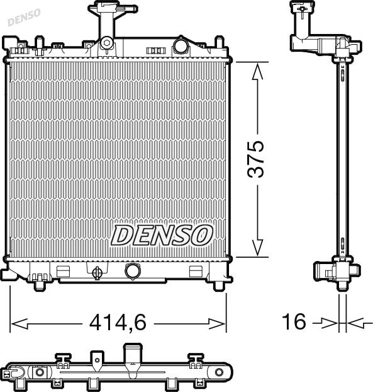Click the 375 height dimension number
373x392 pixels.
pyautogui.click(x=255, y=159)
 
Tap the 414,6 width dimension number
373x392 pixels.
pyautogui.click(x=118, y=322)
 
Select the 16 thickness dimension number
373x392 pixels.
pyautogui.click(x=294, y=321)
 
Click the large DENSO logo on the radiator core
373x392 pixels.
pyautogui.click(x=162, y=234)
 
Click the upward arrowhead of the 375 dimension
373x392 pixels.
pyautogui.click(x=257, y=71)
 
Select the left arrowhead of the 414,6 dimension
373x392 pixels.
pyautogui.click(x=19, y=324)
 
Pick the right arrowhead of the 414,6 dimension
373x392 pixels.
pyautogui.click(x=216, y=324)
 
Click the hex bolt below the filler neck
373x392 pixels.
pyautogui.click(x=106, y=43)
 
